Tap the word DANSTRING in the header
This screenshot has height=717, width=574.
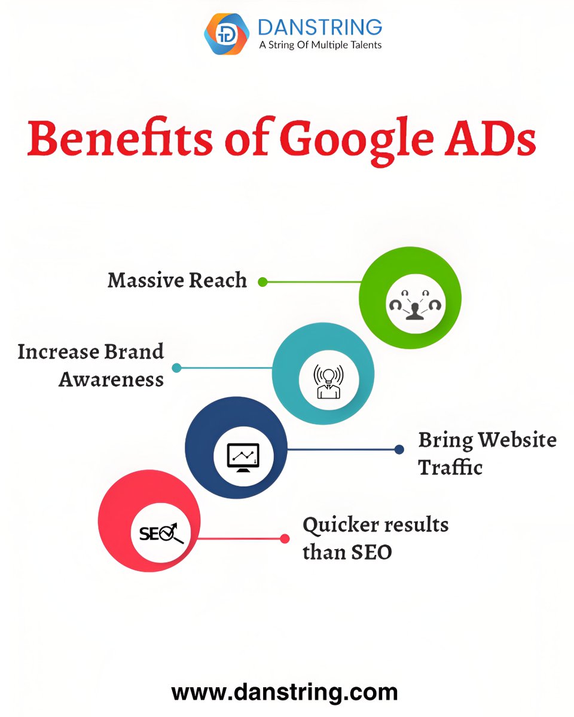pos(320,27)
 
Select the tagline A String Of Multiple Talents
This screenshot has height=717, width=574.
pos(320,45)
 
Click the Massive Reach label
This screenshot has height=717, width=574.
pos(177,280)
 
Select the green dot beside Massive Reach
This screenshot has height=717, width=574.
pos(262,281)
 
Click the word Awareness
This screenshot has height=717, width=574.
pos(111,379)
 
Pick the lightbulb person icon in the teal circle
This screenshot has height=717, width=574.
pos(328,381)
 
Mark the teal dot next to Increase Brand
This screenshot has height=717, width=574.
pos(176,368)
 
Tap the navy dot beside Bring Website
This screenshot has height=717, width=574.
pos(399,449)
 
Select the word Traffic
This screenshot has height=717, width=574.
pos(450,467)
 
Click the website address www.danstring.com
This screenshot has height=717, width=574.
pos(284,692)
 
